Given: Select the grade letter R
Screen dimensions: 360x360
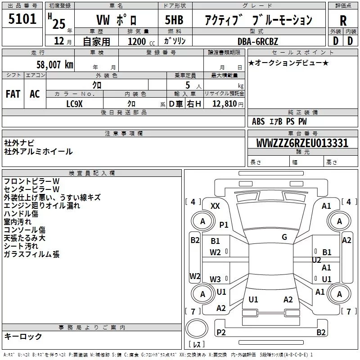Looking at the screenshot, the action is pyautogui.click(x=343, y=20).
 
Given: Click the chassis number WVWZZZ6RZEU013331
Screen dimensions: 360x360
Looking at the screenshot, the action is pyautogui.click(x=302, y=143).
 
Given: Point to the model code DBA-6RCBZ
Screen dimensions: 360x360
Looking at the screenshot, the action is pyautogui.click(x=258, y=41).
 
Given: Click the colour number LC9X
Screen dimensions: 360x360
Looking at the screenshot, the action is pyautogui.click(x=75, y=103).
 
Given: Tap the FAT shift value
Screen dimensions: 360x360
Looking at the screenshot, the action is pyautogui.click(x=13, y=94).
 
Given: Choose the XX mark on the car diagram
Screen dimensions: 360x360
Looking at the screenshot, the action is pyautogui.click(x=215, y=206).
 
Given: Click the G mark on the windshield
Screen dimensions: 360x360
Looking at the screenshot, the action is pyautogui.click(x=284, y=237).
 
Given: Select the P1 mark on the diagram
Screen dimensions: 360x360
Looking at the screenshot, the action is pyautogui.click(x=224, y=224).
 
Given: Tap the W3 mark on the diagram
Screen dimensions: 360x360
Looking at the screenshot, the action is pyautogui.click(x=215, y=279).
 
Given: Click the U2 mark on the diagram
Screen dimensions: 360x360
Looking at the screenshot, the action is pyautogui.click(x=316, y=260).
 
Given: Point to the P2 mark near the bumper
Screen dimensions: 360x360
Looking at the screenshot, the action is pyautogui.click(x=221, y=332).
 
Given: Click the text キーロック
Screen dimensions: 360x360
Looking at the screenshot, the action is pyautogui.click(x=23, y=337).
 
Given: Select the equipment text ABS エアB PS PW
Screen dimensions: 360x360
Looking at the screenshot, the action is pyautogui.click(x=279, y=121).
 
